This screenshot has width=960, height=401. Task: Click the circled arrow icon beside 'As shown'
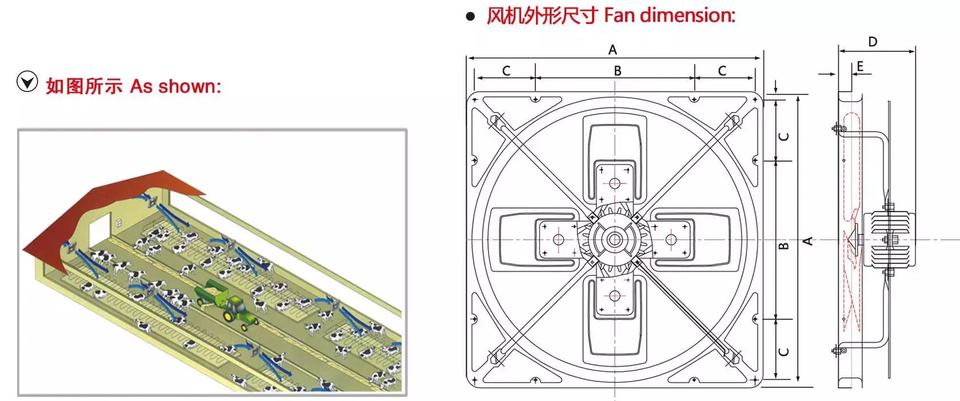(27, 83)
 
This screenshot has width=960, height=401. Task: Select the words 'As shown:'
(175, 86)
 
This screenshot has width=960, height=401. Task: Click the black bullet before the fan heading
(470, 17)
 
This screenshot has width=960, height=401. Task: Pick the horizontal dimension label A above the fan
(613, 50)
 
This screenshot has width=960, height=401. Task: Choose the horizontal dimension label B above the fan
(617, 71)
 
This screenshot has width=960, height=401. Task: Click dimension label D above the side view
(873, 42)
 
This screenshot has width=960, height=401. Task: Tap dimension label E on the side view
(861, 66)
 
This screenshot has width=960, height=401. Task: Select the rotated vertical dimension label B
(784, 246)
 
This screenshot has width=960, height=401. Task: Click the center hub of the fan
(614, 239)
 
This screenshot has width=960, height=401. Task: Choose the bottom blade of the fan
(615, 320)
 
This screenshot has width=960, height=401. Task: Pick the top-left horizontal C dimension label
(506, 71)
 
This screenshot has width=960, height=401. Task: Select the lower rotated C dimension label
(784, 351)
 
